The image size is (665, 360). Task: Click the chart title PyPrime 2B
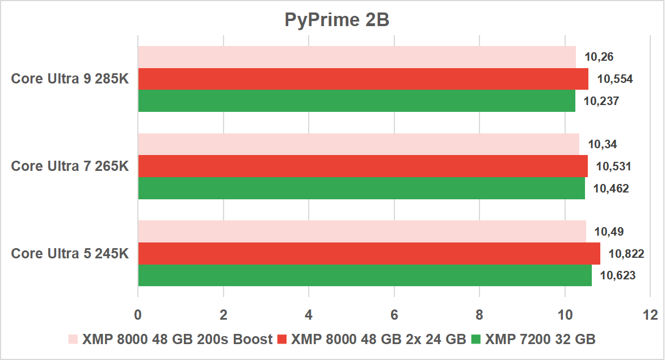coord(337,20)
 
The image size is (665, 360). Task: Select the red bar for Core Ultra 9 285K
coord(363,79)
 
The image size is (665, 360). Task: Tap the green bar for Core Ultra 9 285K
coord(356,101)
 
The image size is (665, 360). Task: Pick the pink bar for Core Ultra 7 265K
coord(359,144)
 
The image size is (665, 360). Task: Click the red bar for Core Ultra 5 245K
coord(369,254)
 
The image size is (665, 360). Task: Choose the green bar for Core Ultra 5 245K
coord(365,275)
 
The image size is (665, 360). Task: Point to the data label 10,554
coord(615,79)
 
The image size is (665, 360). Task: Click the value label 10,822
coord(626,254)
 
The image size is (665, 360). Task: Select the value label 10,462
coord(611,189)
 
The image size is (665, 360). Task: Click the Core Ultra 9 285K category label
coord(70,79)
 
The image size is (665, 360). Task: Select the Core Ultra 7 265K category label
coord(70,166)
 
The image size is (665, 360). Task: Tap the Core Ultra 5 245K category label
coord(70,254)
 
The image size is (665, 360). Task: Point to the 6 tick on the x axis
coord(394,314)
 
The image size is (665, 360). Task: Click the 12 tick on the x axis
coord(650,314)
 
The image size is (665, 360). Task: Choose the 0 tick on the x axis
coord(138,314)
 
